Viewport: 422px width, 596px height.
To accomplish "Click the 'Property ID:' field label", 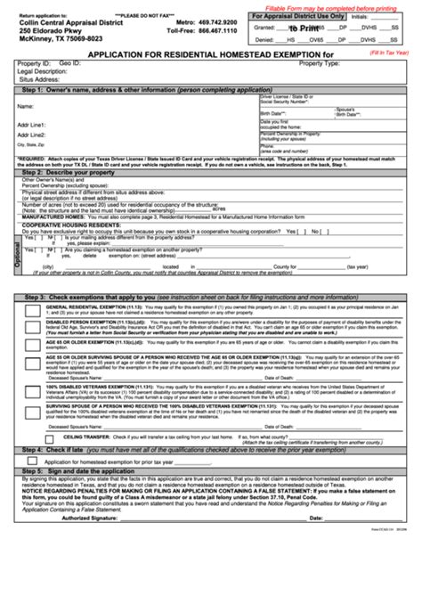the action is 33,64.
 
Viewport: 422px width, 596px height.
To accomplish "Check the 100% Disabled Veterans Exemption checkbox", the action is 31,390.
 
